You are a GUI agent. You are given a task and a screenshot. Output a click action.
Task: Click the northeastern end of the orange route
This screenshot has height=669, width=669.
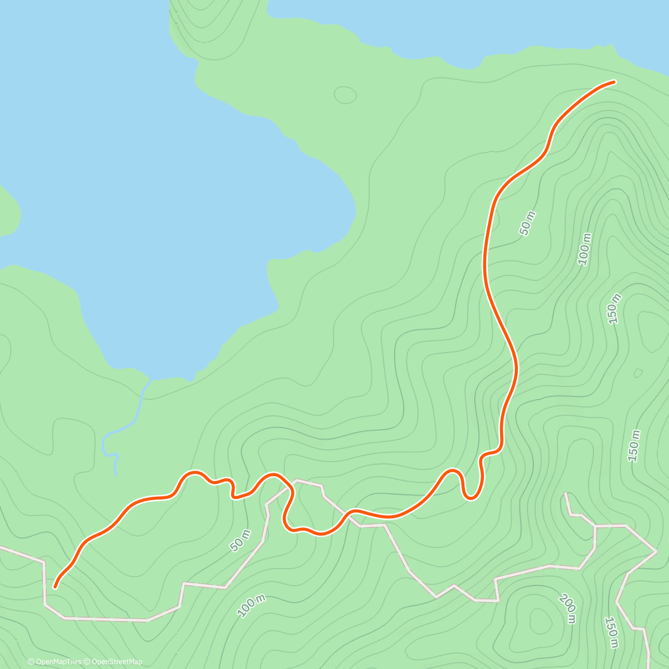pyautogui.click(x=614, y=82)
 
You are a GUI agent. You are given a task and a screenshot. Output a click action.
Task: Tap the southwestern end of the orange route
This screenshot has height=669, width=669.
pyautogui.click(x=55, y=586)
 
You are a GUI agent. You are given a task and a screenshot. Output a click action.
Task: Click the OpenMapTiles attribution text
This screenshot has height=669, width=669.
pyautogui.click(x=54, y=662)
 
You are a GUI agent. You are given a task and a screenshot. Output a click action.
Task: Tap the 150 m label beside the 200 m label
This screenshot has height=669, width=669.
pyautogui.click(x=612, y=632)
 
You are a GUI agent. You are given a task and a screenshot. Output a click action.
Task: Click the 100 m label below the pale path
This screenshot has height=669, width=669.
pyautogui.click(x=251, y=606)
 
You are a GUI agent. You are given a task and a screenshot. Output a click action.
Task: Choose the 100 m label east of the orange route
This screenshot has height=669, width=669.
pyautogui.click(x=584, y=249)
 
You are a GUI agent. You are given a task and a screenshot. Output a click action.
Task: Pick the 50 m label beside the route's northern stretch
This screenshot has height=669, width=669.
pyautogui.click(x=527, y=223)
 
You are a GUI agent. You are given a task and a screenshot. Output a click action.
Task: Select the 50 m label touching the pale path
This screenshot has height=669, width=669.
pyautogui.click(x=240, y=541)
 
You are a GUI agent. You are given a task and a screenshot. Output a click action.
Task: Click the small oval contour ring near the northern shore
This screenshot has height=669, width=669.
pyautogui.click(x=345, y=95)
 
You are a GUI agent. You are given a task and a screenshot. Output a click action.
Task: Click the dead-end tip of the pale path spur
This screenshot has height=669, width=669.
pyautogui.click(x=566, y=493)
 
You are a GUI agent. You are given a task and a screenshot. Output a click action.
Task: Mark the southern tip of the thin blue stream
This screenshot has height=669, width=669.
pyautogui.click(x=116, y=475)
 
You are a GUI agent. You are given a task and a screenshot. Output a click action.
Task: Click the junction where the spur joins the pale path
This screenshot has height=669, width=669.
pyautogui.click(x=595, y=526)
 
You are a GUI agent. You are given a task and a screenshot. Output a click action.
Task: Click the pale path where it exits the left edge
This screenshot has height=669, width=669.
pyautogui.click(x=2, y=547)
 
